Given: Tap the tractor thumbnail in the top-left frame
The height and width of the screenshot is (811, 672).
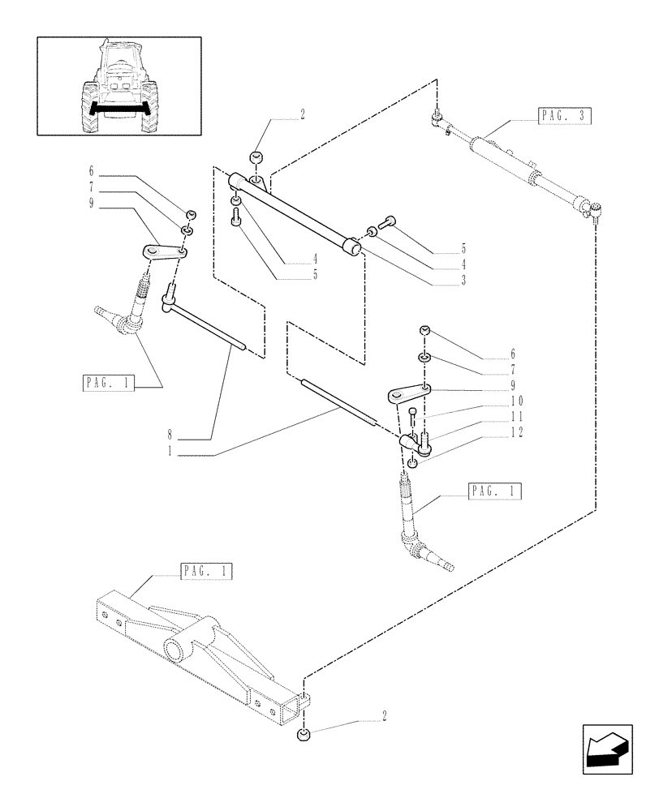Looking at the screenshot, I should [x=119, y=86].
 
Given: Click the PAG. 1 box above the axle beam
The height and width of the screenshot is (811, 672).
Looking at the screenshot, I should [x=204, y=573].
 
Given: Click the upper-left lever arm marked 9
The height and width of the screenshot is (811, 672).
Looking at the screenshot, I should [x=166, y=254].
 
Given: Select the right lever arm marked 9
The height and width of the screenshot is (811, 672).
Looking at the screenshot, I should [x=408, y=393].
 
